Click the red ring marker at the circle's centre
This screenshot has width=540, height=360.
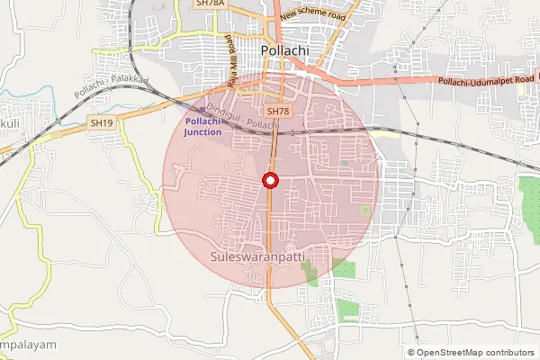(270, 181)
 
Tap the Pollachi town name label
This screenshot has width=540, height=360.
(283, 51)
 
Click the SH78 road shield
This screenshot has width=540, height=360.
(279, 112)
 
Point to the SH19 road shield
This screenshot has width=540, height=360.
(101, 121)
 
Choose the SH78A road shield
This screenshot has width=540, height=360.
(209, 4)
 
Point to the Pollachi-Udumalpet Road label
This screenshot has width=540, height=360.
(486, 82)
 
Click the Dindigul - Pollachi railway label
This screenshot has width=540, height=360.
(243, 113)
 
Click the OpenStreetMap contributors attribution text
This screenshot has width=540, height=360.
(476, 353)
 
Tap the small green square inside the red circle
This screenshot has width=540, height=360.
(364, 210)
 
